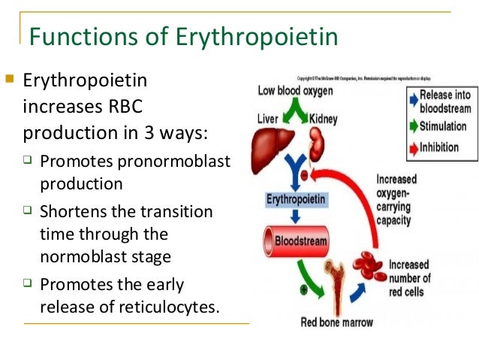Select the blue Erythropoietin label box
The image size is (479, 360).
(296, 200)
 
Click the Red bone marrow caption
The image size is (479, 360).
(333, 323)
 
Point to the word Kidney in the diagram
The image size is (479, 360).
(323, 119)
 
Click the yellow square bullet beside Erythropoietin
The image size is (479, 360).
(9, 78)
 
